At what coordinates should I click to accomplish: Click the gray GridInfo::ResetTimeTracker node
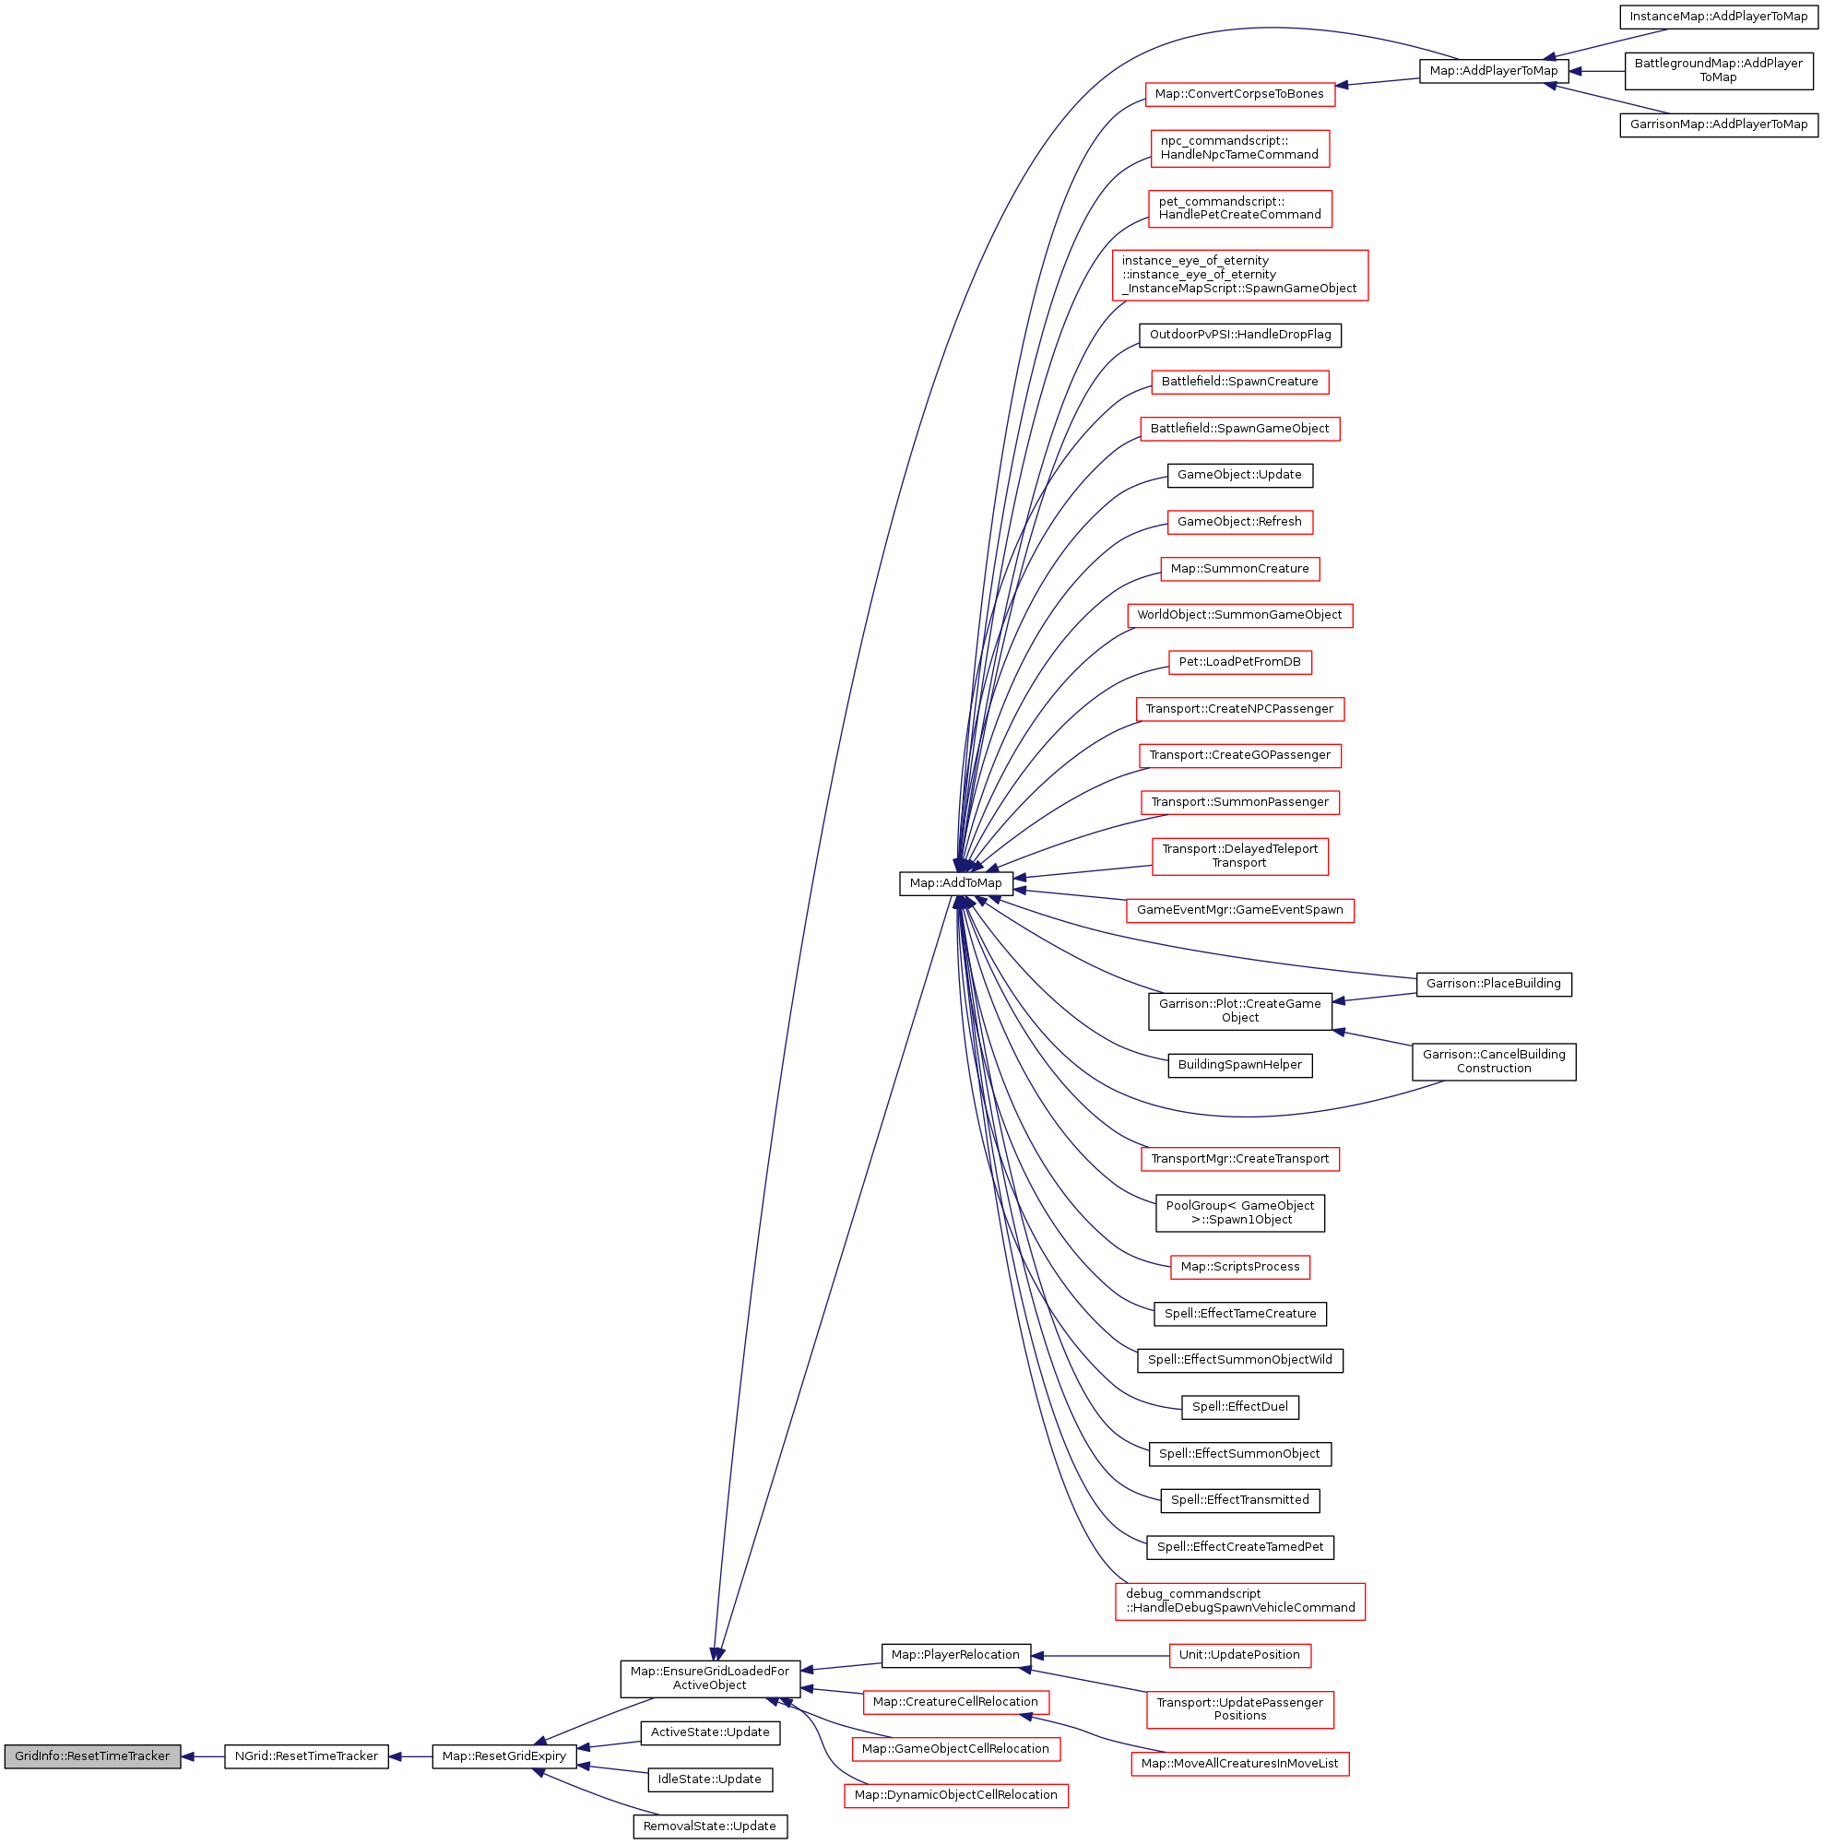[x=91, y=1756]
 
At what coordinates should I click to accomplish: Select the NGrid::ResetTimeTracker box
[x=306, y=1756]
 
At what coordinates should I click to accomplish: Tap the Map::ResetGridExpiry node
[x=504, y=1756]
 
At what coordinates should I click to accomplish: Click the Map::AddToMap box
[x=955, y=883]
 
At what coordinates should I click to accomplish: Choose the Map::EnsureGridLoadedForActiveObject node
[x=710, y=1678]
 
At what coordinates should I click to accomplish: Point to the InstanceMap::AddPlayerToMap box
[x=1718, y=17]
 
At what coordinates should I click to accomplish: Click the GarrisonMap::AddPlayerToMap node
[x=1718, y=124]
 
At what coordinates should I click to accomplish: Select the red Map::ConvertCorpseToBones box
[x=1239, y=93]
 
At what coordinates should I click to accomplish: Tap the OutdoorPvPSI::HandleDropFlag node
[x=1240, y=335]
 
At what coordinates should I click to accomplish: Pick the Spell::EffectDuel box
[x=1240, y=1407]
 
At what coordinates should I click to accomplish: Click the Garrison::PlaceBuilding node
[x=1494, y=984]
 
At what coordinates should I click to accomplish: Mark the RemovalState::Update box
[x=710, y=1826]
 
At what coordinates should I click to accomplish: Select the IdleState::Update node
[x=710, y=1779]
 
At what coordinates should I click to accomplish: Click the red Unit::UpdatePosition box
[x=1240, y=1655]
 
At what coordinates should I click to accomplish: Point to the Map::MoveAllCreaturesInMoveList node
[x=1240, y=1763]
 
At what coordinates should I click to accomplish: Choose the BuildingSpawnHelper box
[x=1240, y=1065]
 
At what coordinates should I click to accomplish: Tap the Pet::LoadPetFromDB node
[x=1240, y=662]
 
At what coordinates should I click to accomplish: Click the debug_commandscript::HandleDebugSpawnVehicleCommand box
[x=1240, y=1601]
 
